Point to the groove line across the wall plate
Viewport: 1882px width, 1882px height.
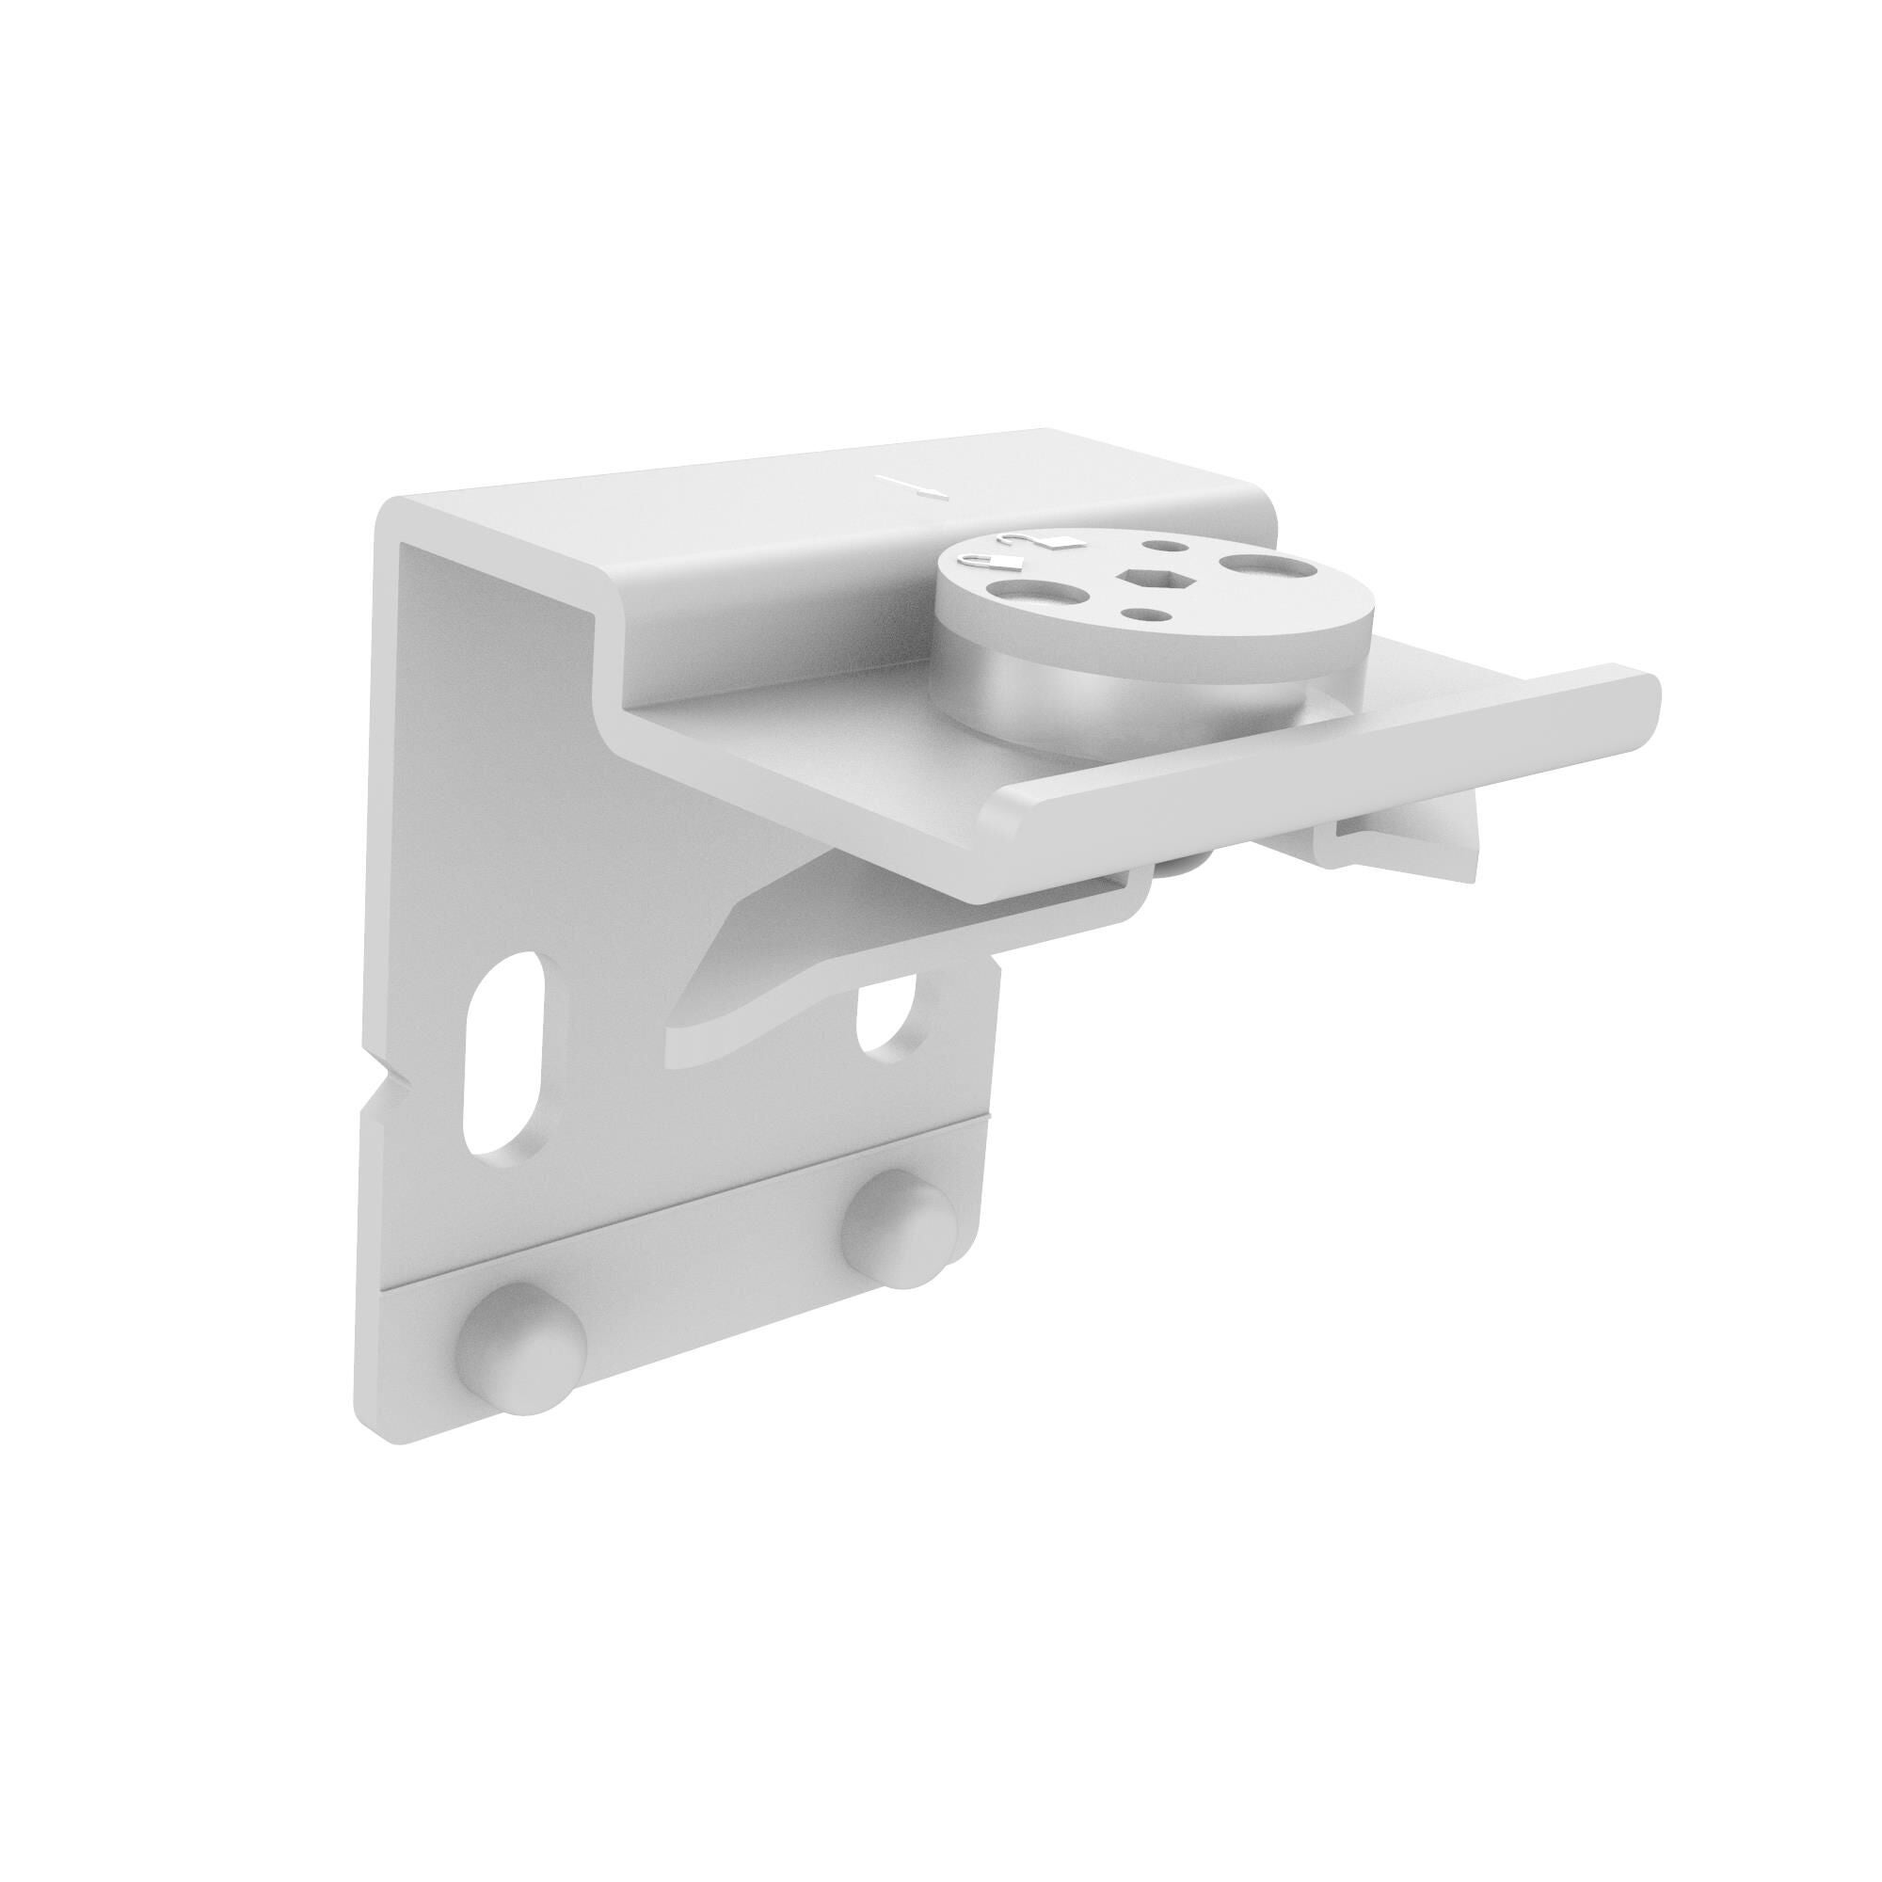tap(682, 1234)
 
